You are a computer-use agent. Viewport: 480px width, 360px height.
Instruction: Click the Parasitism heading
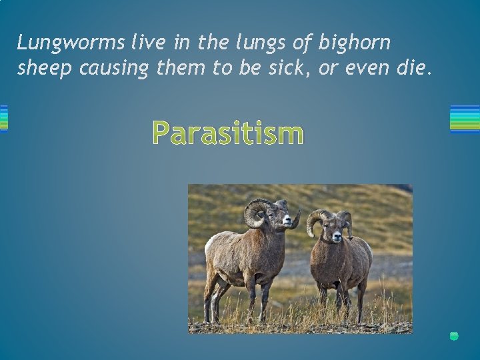[227, 133]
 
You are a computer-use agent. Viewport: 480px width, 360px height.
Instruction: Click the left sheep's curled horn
[256, 213]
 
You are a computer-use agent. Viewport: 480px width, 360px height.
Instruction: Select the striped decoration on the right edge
[465, 119]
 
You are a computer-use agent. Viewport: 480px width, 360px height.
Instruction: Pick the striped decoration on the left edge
[3, 119]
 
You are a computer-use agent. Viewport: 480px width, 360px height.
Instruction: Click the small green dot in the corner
[454, 336]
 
